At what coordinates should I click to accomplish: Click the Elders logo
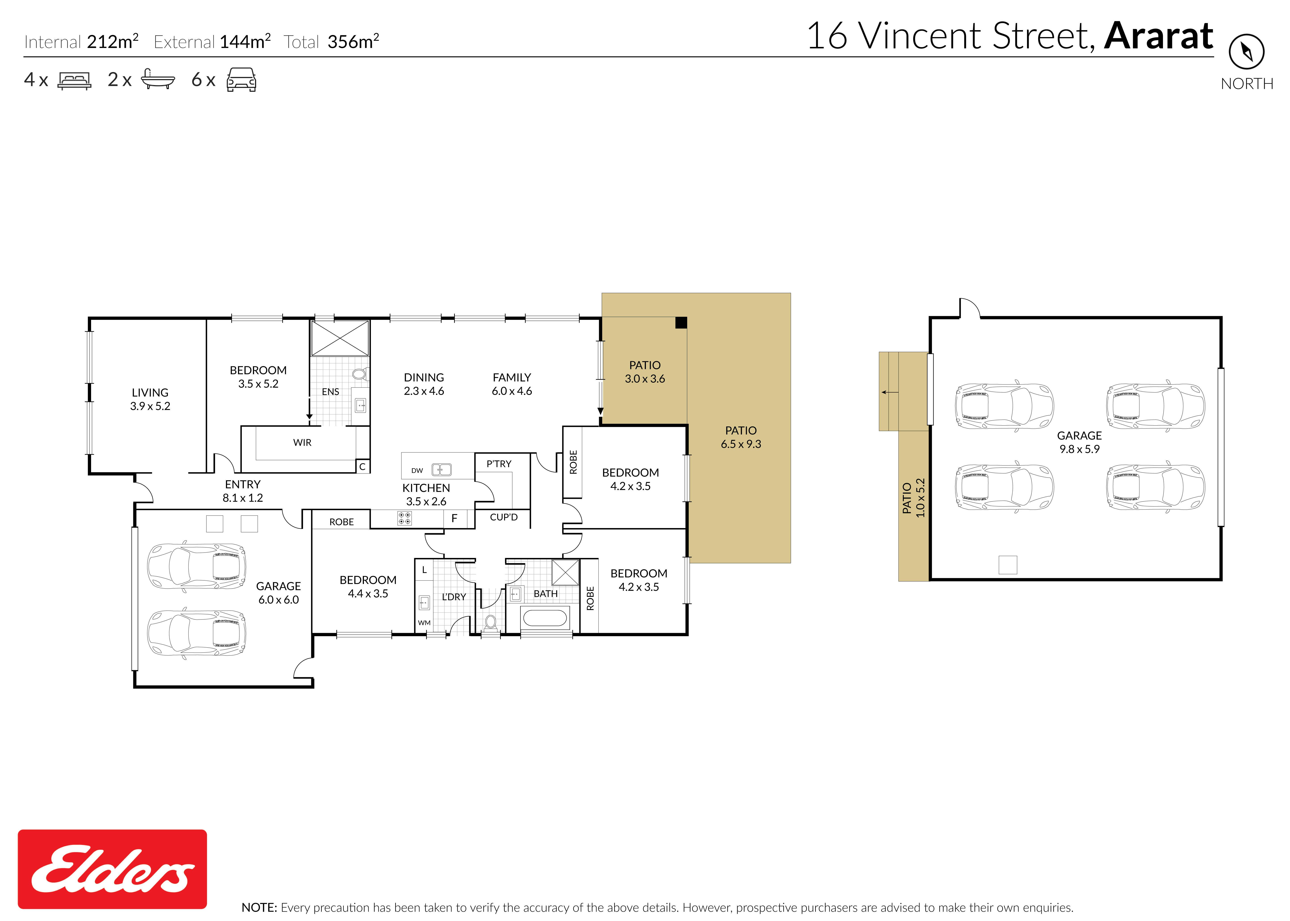112,869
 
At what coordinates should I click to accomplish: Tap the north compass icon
1246,52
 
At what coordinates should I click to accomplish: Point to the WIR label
302,442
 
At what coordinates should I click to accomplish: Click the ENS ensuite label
330,392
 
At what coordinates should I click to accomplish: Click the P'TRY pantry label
499,464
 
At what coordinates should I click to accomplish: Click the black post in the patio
681,323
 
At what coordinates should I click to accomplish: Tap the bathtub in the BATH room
545,618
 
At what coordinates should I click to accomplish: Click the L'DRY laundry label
454,597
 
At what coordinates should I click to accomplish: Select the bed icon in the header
74,81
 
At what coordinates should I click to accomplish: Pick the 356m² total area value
353,41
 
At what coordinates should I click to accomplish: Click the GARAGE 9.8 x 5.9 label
1079,442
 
